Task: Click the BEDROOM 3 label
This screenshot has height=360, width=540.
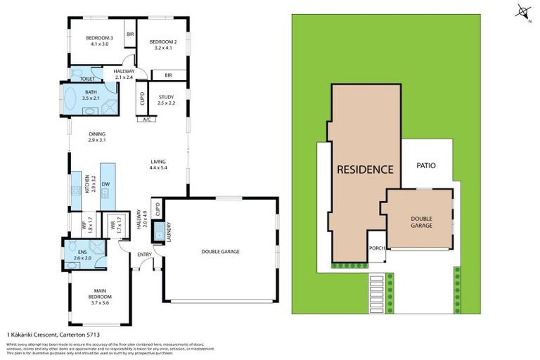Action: tap(100, 41)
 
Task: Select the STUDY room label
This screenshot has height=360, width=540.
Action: tap(166, 101)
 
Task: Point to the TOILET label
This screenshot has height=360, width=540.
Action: tap(87, 79)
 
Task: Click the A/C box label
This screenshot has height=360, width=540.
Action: tap(147, 120)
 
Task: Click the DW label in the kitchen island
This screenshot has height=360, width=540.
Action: tap(105, 184)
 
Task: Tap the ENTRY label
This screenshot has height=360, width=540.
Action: tap(145, 255)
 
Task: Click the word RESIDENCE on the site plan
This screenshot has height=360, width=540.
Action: tap(364, 169)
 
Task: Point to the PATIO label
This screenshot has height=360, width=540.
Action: tap(427, 166)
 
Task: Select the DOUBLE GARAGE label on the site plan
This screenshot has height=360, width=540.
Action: tap(420, 222)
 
